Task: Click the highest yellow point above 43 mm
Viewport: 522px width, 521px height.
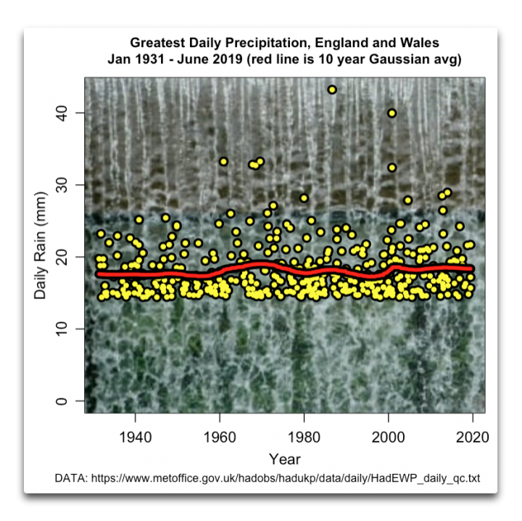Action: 332,89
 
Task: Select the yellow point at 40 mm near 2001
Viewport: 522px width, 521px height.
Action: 391,113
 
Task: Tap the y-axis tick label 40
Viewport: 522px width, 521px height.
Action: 62,113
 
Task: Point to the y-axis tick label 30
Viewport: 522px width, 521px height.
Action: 62,185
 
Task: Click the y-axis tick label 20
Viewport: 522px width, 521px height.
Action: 62,257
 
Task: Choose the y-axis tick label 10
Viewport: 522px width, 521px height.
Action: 62,329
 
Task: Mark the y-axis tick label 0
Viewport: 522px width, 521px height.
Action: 62,401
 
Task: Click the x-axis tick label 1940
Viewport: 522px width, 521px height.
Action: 136,437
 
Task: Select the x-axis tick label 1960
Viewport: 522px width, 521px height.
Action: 220,437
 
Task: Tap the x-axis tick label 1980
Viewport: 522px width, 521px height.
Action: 304,437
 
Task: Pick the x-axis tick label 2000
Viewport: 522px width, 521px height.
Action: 388,437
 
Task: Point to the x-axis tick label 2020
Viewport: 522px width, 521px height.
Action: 473,437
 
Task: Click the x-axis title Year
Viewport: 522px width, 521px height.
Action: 285,459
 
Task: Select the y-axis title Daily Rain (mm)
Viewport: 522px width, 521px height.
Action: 41,245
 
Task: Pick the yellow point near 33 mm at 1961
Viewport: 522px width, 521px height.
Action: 223,162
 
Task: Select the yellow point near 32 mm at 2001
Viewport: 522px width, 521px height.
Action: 391,168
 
